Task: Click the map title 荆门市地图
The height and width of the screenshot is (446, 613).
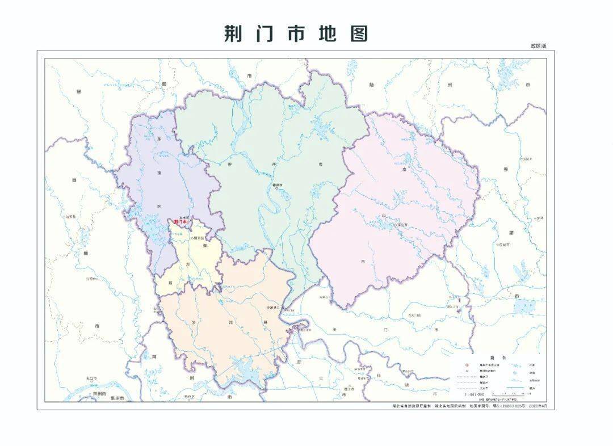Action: (296, 34)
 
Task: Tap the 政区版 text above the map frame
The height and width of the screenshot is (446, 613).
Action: (538, 46)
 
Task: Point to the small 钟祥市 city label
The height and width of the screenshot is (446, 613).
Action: (278, 185)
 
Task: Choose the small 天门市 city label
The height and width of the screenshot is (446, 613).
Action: (415, 314)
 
